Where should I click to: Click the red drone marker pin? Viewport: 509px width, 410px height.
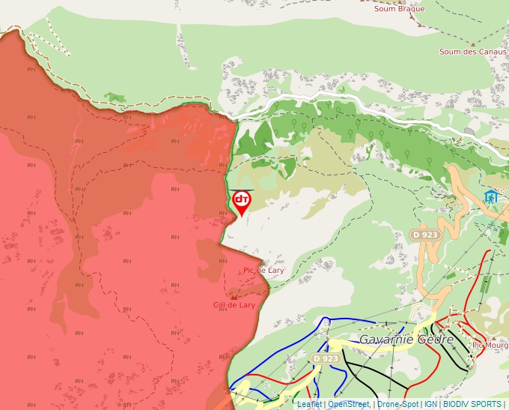(x=241, y=201)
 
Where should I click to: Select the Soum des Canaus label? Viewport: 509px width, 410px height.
(x=472, y=52)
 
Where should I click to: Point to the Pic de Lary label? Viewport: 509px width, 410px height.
(x=263, y=270)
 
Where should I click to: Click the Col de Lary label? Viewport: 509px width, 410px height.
(x=234, y=305)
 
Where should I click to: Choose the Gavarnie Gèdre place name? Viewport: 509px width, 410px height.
(x=406, y=340)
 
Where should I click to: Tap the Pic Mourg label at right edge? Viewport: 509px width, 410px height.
(x=490, y=346)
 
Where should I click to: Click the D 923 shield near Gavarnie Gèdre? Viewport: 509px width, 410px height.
(x=326, y=359)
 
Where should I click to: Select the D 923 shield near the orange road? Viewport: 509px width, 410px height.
(x=424, y=235)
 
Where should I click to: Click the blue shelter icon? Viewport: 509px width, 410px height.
(x=491, y=197)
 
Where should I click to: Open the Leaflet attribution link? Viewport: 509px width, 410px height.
(x=309, y=404)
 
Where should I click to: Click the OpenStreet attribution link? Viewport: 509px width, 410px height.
(x=348, y=404)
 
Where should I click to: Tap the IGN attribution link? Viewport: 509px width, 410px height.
(x=430, y=404)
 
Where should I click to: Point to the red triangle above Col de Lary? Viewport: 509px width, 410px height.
(x=234, y=297)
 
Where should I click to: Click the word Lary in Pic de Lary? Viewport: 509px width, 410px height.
(x=274, y=270)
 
